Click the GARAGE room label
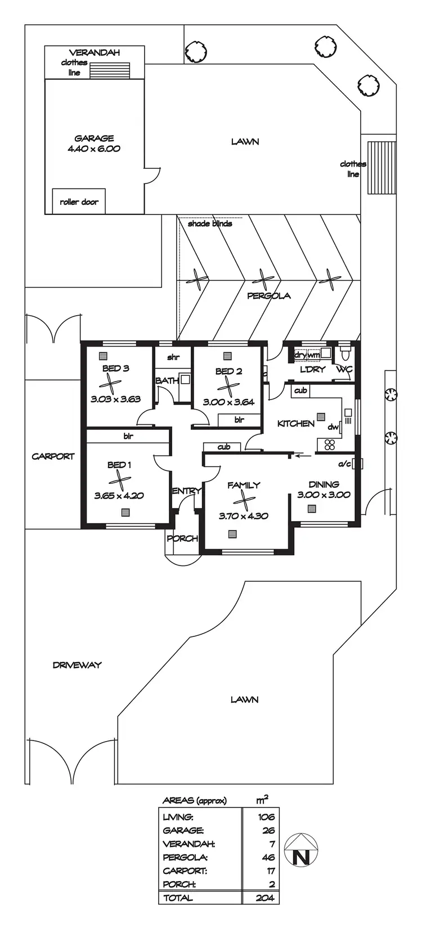94,138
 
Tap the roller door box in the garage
79,201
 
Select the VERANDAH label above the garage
95,53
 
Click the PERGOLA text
269,295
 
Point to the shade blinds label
210,223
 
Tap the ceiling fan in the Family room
243,500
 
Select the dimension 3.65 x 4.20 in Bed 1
119,496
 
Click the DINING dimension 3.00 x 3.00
324,495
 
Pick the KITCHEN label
296,423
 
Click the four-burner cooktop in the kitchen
330,445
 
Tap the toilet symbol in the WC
345,355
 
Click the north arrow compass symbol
301,850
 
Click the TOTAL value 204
264,898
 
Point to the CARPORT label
53,456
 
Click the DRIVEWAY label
77,665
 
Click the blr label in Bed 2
239,419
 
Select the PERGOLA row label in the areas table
185,858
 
